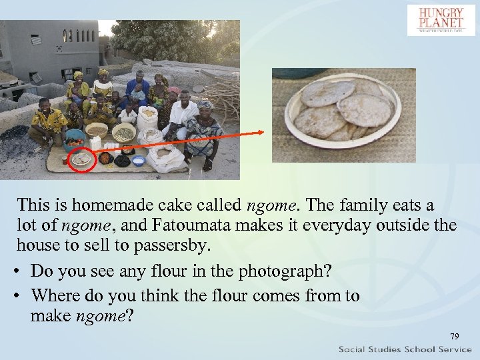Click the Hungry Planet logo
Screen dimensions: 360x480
[x=441, y=20]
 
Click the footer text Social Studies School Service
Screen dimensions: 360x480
[x=405, y=349]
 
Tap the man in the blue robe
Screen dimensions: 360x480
[x=138, y=89]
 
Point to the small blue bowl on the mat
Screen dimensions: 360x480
[x=139, y=160]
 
